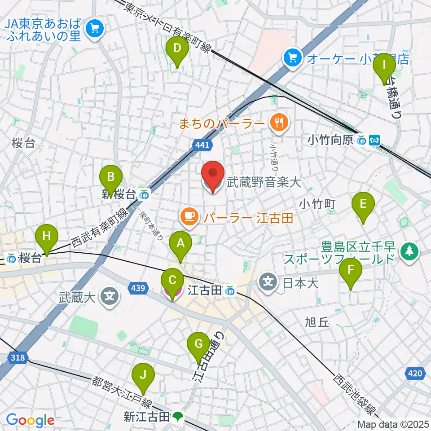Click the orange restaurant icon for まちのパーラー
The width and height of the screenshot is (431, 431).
click(279, 122)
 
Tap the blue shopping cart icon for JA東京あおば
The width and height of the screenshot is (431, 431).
click(95, 29)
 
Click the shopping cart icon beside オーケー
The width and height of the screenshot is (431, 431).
click(292, 57)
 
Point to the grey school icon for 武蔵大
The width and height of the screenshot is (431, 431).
click(110, 297)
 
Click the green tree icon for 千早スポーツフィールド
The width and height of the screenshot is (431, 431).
click(409, 250)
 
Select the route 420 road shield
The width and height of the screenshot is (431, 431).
click(415, 373)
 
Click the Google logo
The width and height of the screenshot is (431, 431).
click(30, 420)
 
